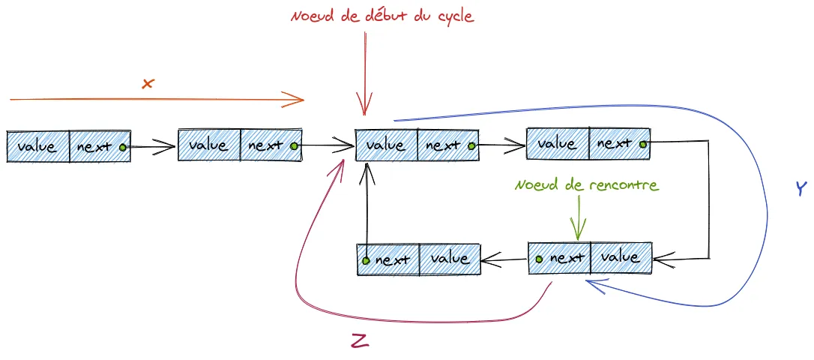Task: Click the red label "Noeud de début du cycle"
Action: pos(382,15)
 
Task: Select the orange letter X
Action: pos(147,83)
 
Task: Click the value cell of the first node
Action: pos(37,146)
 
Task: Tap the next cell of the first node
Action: pos(100,146)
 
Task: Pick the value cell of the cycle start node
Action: pos(385,145)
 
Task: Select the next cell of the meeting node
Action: pos(559,258)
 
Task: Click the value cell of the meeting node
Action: pos(621,257)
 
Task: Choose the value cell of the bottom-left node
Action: pos(449,259)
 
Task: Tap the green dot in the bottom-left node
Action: pos(366,261)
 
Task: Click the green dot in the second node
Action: pos(294,145)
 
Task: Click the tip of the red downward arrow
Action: pos(364,113)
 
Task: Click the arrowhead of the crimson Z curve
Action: pos(343,160)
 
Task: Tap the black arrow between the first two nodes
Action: pos(152,147)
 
